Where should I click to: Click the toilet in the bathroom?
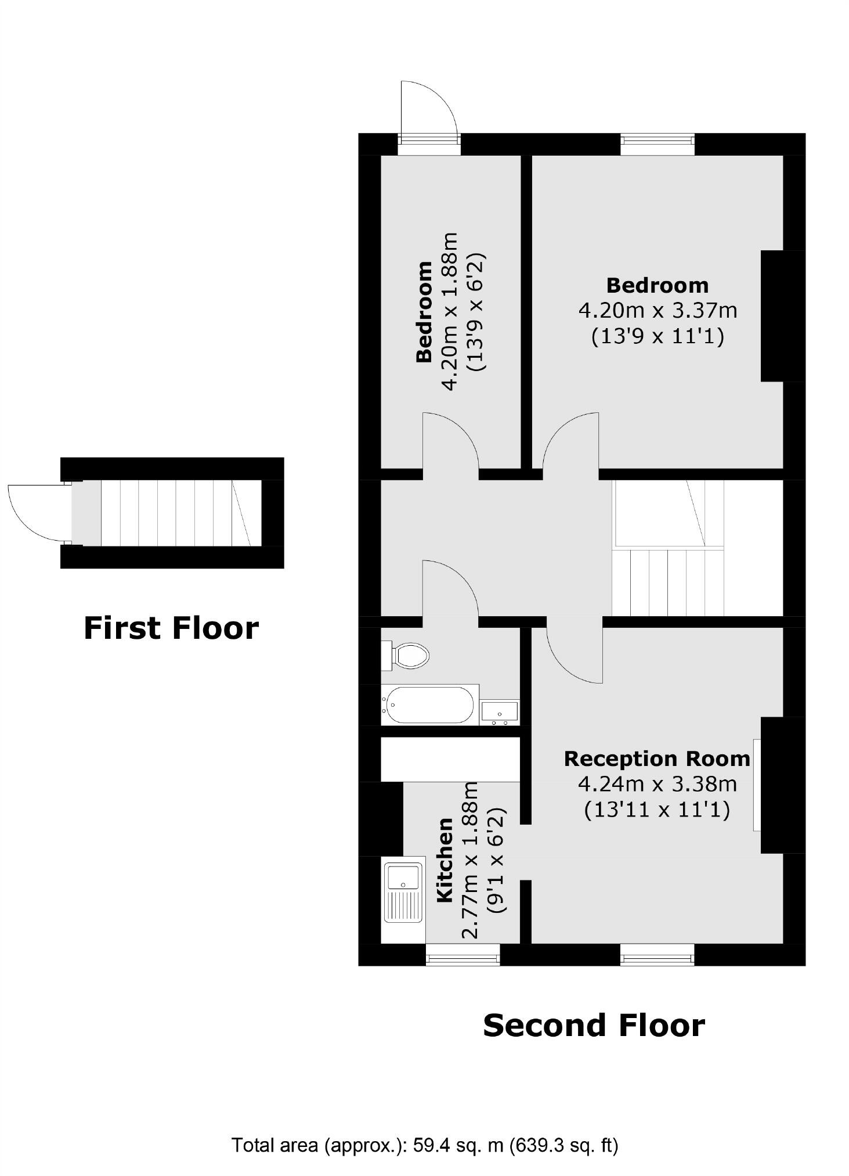tap(407, 656)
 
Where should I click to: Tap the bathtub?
tap(430, 705)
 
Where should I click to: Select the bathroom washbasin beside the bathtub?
tap(500, 711)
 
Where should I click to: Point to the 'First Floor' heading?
tap(171, 628)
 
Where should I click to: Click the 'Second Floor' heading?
tap(594, 1026)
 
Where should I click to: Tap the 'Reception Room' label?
tap(657, 759)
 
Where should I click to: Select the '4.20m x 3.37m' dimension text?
tap(657, 311)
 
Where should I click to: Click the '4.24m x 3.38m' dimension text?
tap(657, 784)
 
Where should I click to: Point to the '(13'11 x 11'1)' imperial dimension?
tap(657, 809)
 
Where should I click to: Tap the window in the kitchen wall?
tap(463, 954)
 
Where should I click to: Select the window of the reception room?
tap(657, 954)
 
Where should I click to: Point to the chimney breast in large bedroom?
tap(782, 316)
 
